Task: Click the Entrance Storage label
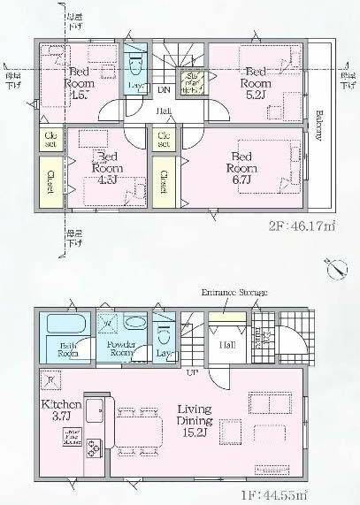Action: coord(234,292)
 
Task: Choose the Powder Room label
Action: coord(119,347)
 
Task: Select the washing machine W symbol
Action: coord(109,322)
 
